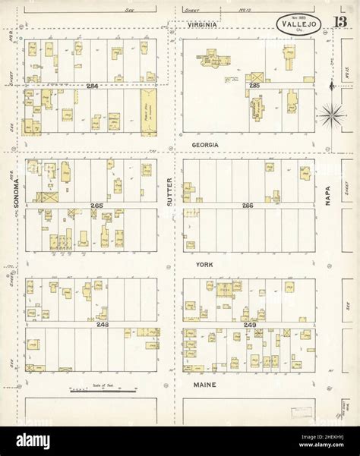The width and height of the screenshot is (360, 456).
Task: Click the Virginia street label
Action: pos(203,25)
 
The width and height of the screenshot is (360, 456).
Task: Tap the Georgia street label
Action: pos(205,144)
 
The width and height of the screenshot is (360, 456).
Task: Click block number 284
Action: pos(93,86)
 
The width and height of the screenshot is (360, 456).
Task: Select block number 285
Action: pos(254,86)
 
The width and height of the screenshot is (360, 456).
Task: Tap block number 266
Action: pos(247,206)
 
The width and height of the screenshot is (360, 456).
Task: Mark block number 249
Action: pos(250,325)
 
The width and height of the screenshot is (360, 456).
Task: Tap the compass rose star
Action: pos(332,116)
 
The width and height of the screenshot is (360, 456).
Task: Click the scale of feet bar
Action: pos(103,391)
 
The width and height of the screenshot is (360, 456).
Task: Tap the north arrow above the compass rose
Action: pos(332,89)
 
